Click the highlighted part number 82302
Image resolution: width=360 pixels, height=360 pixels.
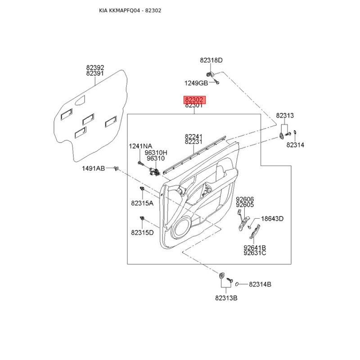pyautogui.click(x=194, y=99)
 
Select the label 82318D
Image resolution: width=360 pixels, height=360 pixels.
pyautogui.click(x=211, y=60)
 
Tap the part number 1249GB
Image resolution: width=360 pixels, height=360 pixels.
pyautogui.click(x=196, y=83)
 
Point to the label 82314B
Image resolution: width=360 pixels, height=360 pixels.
pyautogui.click(x=260, y=284)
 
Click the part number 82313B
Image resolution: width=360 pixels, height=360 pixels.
pyautogui.click(x=226, y=298)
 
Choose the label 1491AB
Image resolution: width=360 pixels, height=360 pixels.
pyautogui.click(x=94, y=168)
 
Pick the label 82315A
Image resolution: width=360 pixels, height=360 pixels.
pyautogui.click(x=142, y=203)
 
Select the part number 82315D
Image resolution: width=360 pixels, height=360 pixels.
pyautogui.click(x=142, y=233)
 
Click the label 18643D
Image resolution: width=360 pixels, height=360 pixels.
pyautogui.click(x=272, y=219)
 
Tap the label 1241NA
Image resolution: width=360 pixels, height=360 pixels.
pyautogui.click(x=140, y=146)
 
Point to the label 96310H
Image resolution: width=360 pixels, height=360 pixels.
pyautogui.click(x=156, y=153)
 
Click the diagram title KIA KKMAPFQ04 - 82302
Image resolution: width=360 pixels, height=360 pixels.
pyautogui.click(x=130, y=10)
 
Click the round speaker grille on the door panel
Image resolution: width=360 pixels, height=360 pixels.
pyautogui.click(x=182, y=228)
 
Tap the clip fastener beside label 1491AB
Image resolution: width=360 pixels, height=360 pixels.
pyautogui.click(x=117, y=169)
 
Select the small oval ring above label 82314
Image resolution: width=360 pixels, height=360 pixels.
pyautogui.click(x=295, y=132)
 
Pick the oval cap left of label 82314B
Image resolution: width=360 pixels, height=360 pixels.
pyautogui.click(x=237, y=284)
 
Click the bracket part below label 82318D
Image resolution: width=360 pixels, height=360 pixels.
pyautogui.click(x=210, y=74)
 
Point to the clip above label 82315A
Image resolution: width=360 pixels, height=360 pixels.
pyautogui.click(x=142, y=189)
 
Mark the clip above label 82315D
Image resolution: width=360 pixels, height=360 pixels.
pyautogui.click(x=142, y=218)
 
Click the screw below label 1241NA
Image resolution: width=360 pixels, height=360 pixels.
pyautogui.click(x=141, y=163)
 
